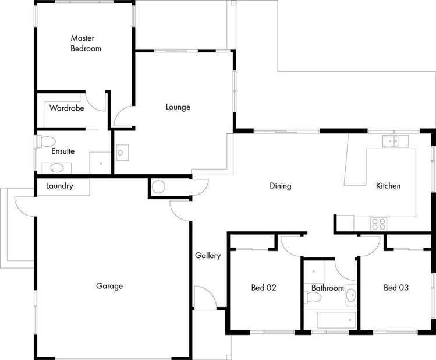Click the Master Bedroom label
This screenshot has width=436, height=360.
(86, 44)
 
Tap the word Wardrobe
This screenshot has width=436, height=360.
(66, 108)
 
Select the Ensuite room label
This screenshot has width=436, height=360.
(63, 151)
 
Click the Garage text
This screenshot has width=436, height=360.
(109, 286)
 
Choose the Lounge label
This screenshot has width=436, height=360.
(178, 107)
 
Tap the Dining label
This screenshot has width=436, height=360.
(280, 186)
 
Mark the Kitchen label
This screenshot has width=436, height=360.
(388, 186)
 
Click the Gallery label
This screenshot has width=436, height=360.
(208, 256)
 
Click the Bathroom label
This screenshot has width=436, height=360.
(327, 288)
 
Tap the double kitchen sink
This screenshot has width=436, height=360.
(395, 141)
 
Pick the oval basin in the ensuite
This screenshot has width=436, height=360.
(57, 168)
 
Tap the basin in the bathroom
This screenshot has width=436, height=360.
(350, 297)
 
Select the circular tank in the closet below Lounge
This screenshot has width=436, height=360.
(158, 187)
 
